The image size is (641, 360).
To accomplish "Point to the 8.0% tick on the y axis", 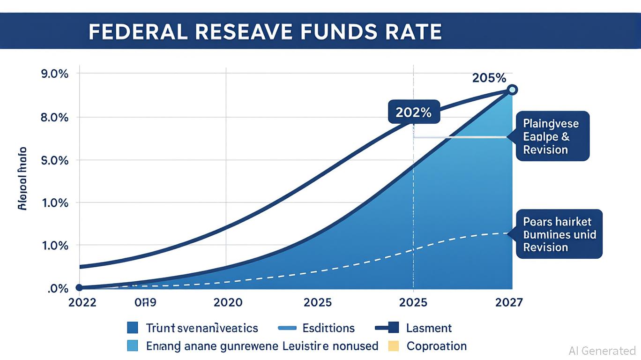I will [55, 117].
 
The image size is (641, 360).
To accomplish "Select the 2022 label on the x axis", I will [82, 302].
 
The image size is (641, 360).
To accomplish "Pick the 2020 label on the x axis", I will [228, 302].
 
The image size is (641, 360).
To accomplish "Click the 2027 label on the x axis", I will [508, 302].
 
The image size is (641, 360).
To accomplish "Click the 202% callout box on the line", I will [414, 112].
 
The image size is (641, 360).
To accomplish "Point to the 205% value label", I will [489, 78].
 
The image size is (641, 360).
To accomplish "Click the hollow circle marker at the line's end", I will [512, 90].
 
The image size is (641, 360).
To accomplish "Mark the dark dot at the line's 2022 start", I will [79, 288].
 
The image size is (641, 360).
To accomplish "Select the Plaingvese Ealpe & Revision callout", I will [552, 137].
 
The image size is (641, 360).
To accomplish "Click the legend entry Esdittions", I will [328, 328].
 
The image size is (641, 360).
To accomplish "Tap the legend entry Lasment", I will [429, 328].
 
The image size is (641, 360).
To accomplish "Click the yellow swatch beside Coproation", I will [393, 346].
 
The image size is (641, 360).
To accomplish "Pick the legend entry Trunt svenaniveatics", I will [201, 328].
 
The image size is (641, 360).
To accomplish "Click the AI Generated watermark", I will [602, 351].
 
